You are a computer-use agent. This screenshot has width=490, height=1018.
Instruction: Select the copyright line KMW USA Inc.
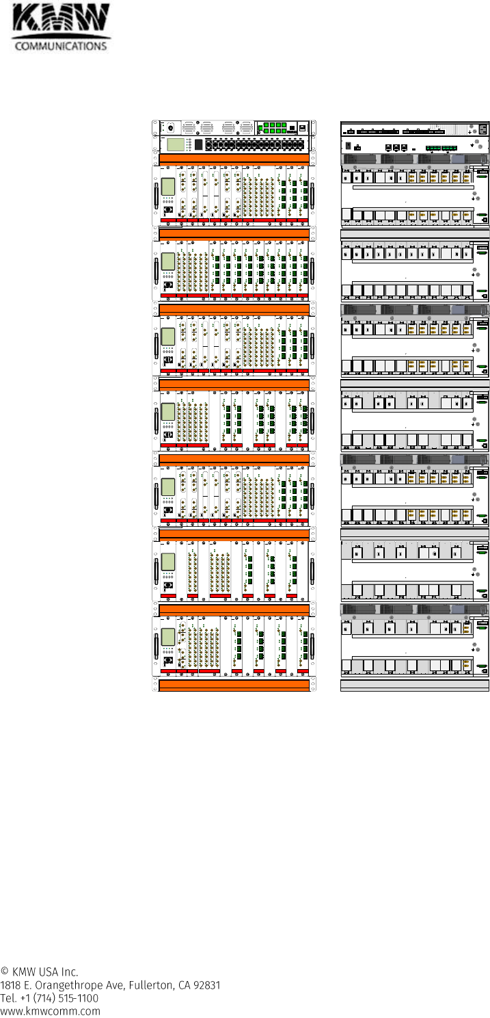(40, 971)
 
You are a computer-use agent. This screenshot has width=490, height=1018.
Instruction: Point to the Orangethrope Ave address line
(110, 985)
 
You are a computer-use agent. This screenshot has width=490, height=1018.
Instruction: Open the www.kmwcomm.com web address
(51, 1011)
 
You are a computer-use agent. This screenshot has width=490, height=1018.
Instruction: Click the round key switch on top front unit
(170, 128)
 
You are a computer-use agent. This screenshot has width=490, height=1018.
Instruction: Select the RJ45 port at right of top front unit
(303, 128)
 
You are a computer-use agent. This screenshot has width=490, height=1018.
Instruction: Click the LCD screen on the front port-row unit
(177, 144)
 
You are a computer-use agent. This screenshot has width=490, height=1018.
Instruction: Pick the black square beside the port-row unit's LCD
(198, 144)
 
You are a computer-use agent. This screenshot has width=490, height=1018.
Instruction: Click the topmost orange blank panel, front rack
(234, 159)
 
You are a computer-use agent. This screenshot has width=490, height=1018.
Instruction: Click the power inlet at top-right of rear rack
(484, 128)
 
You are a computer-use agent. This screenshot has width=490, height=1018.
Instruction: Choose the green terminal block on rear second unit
(441, 147)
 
